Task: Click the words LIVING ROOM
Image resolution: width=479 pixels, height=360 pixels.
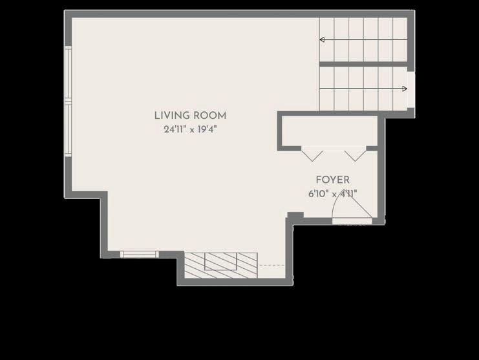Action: coord(190,116)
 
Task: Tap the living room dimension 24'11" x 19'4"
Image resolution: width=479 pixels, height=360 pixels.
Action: coord(190,129)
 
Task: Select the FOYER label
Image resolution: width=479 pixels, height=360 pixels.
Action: coord(333,180)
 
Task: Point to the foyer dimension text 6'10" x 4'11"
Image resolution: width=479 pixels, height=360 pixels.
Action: coord(333,194)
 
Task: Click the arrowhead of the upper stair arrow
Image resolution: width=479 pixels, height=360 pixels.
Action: coord(322,39)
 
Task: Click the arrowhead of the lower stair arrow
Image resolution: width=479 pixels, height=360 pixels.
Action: coord(405,89)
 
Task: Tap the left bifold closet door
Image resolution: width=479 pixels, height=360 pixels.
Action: coord(312,154)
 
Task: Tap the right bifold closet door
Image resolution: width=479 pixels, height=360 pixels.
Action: coord(355,154)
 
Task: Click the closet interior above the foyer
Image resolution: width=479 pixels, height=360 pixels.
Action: coord(329,131)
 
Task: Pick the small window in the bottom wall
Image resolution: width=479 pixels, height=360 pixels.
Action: coord(140,255)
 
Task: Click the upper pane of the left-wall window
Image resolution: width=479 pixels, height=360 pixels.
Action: coord(68,72)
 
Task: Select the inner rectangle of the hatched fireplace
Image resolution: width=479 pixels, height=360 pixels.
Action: coord(220,261)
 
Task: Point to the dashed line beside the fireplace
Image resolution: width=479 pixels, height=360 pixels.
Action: coord(271,266)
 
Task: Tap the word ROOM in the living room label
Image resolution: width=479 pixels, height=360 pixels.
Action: coord(210,116)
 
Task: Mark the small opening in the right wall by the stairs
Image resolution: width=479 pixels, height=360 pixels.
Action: coord(411,90)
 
